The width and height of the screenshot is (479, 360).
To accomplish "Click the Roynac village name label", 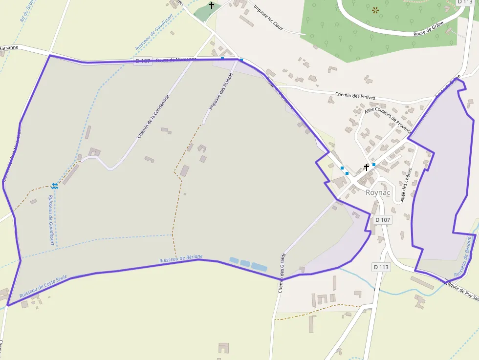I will (x=378, y=192).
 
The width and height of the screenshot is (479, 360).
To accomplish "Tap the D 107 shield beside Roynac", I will (x=383, y=220).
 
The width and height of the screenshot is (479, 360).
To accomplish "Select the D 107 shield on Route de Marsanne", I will (x=143, y=61).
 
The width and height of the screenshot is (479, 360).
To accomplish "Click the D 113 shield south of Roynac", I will (x=381, y=267).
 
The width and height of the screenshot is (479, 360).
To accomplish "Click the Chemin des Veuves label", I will (x=355, y=96).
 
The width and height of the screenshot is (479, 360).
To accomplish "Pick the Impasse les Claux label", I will (x=268, y=19).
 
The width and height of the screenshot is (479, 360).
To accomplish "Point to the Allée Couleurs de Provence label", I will (x=389, y=121).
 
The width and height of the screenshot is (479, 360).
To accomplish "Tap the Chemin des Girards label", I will (x=282, y=274).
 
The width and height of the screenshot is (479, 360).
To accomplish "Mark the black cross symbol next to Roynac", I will (x=367, y=168).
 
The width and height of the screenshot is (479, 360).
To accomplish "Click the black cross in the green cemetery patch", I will (x=212, y=5).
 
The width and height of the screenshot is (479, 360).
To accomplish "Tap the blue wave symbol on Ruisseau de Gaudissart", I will (x=54, y=186).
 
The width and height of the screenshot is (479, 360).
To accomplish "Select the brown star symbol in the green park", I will (x=375, y=10).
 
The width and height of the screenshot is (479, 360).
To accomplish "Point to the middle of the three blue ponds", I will (x=245, y=263).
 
